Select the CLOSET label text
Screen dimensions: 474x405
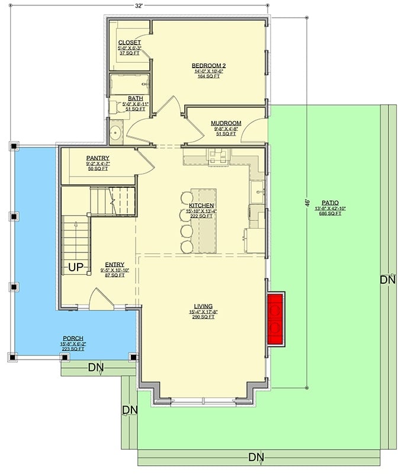(128, 42)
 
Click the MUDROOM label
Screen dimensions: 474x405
(225, 124)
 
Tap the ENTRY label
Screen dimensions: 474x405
(114, 265)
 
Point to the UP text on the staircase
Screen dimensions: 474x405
(75, 267)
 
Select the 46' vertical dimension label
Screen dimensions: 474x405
(307, 203)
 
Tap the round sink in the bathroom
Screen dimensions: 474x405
(115, 133)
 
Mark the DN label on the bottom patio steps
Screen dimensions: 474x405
(256, 457)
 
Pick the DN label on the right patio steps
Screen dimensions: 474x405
(387, 280)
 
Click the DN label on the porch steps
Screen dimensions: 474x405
(97, 368)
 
